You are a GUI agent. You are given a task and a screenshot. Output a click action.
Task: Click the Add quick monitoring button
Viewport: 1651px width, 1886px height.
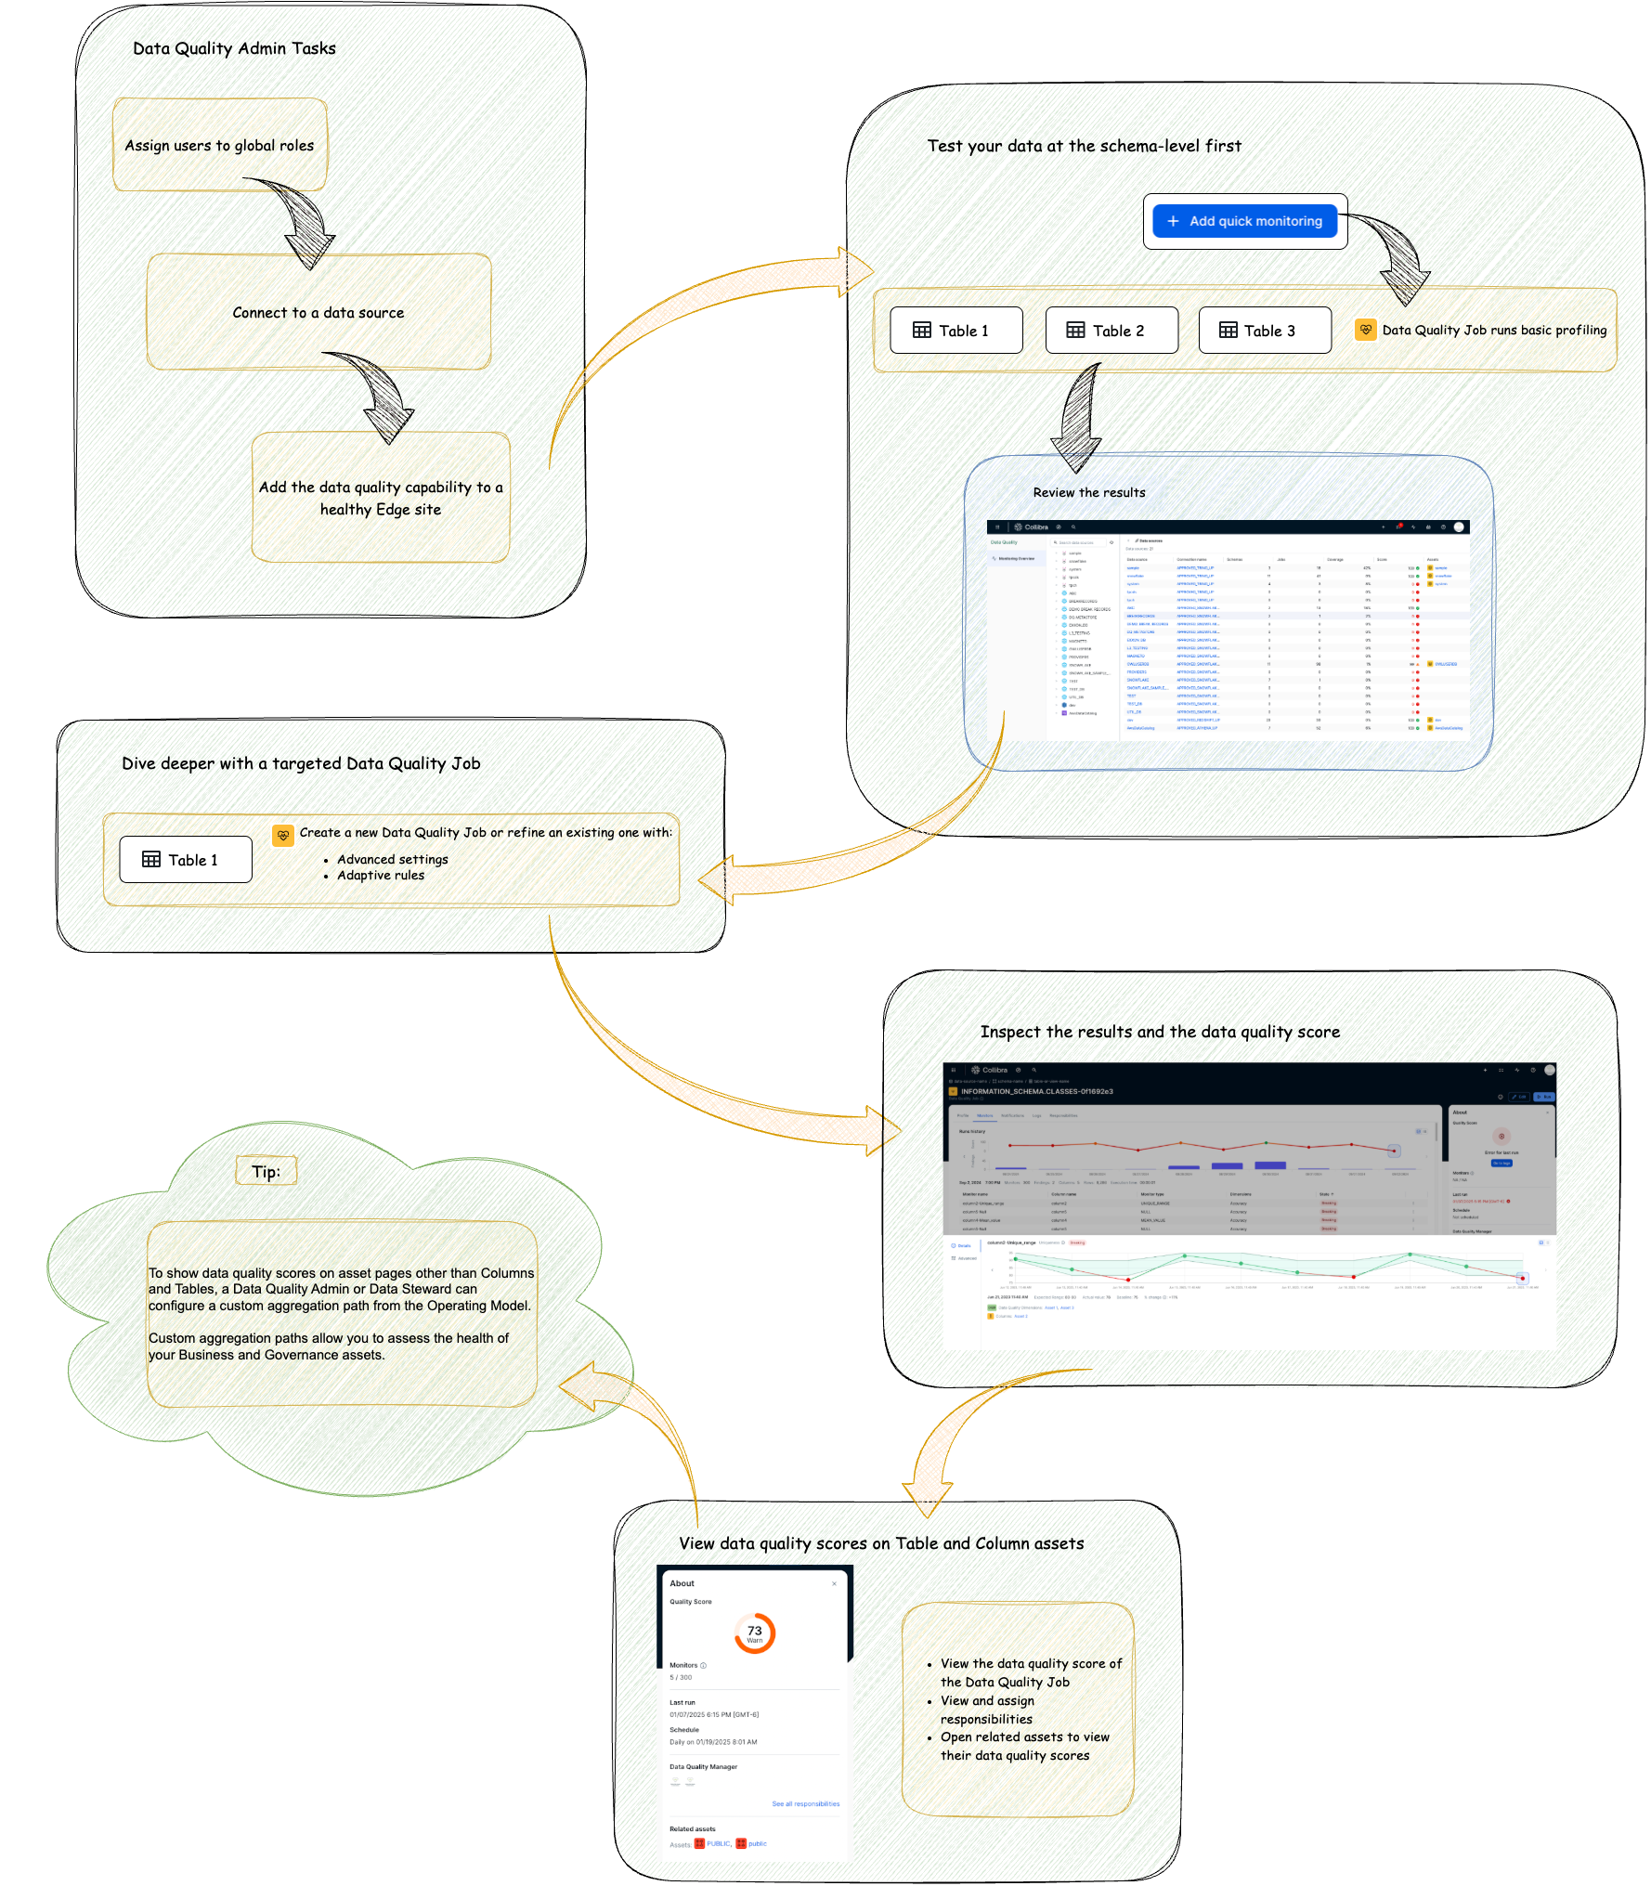1244,221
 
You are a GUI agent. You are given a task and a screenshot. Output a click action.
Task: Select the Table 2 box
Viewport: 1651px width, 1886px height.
1111,331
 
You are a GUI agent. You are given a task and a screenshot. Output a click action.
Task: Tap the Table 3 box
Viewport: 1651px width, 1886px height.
1265,331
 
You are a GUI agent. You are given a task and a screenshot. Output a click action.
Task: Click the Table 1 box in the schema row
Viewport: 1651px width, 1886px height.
956,331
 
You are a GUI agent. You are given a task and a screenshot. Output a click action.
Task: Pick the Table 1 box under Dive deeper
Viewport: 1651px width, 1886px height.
186,860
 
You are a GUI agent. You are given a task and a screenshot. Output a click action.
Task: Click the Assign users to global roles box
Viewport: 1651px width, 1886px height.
220,145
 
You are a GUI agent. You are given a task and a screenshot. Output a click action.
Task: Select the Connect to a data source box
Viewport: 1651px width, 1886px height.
318,312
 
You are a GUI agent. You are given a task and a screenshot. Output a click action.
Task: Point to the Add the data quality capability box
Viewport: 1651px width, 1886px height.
381,498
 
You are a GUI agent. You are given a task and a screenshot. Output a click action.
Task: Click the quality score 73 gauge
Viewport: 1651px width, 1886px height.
754,1632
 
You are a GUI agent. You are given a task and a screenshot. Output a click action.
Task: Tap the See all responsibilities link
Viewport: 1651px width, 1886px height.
805,1803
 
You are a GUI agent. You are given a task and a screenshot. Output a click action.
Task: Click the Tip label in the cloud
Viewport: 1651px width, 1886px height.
265,1171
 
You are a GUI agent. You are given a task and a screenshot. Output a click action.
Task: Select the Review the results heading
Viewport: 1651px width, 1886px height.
1089,492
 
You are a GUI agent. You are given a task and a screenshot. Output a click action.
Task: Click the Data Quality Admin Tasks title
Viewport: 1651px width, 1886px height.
234,48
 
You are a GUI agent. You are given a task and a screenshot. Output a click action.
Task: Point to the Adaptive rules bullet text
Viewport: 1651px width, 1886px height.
381,875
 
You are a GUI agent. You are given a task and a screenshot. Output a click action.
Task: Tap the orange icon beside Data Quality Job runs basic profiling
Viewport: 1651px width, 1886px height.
1365,330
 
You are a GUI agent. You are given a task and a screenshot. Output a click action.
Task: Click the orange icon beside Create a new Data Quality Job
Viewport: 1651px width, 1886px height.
283,835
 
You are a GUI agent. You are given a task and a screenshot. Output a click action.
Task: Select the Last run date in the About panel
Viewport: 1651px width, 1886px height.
713,1714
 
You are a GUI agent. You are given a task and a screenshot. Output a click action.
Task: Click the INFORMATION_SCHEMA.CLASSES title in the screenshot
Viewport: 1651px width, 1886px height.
1036,1091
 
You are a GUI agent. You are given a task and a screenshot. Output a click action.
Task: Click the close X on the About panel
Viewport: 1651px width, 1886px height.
834,1583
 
